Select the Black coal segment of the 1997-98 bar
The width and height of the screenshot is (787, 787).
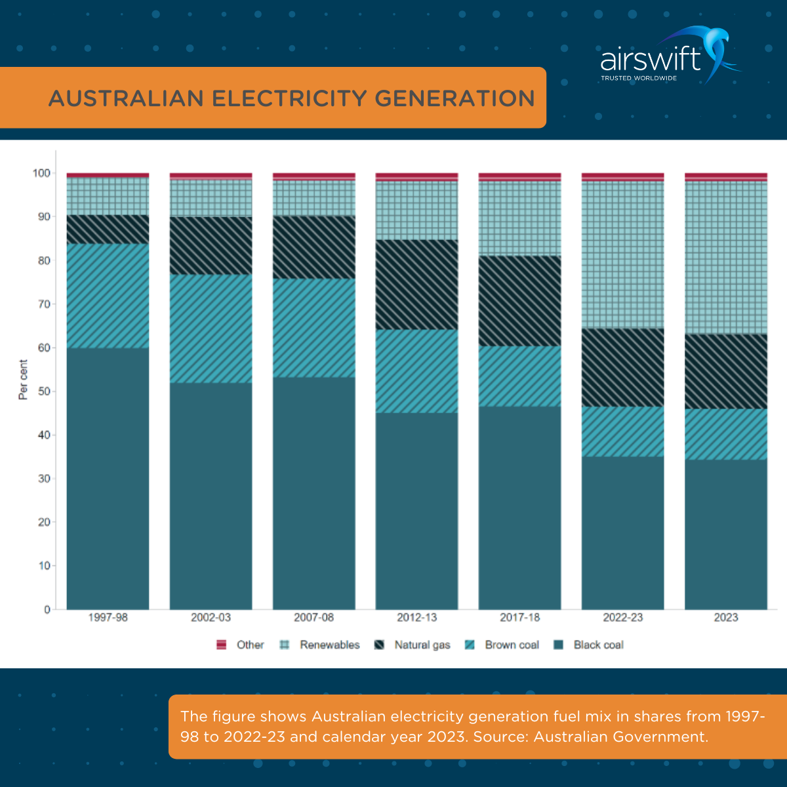[x=108, y=479]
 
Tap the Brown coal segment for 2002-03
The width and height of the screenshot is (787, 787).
[x=211, y=328]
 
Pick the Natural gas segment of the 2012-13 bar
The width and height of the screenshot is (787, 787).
[x=416, y=284]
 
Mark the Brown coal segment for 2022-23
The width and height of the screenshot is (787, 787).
[x=622, y=431]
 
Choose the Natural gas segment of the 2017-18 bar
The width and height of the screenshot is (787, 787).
[x=519, y=300]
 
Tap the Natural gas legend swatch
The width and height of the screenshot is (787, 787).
[x=379, y=645]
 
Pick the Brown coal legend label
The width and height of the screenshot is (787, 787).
[x=512, y=645]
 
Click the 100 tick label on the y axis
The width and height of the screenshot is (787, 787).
[x=41, y=173]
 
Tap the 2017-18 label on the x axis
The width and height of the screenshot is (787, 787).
[x=519, y=617]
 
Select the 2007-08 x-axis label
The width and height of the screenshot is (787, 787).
[x=313, y=617]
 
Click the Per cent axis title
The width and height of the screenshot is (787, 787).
[x=23, y=380]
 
